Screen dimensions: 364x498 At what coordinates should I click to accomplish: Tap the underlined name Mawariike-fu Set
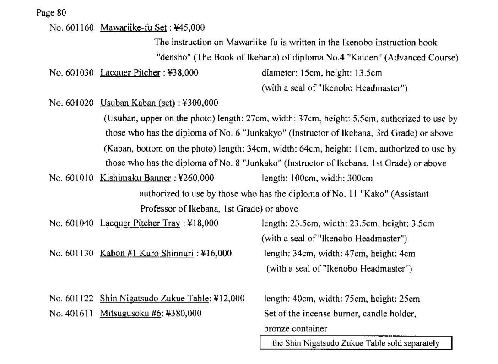pos(133,27)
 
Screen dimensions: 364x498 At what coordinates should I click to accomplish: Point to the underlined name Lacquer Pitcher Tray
pos(140,223)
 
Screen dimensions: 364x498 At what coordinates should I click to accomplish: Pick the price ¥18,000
pos(203,223)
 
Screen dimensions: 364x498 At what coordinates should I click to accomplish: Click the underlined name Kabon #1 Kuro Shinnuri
pos(146,253)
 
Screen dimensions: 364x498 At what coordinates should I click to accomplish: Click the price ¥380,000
pos(186,314)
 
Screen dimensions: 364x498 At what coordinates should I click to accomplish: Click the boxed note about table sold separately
pos(356,343)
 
